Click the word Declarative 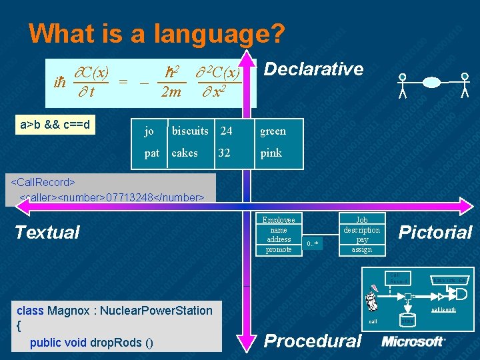pyautogui.click(x=314, y=69)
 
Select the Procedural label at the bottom pyautogui.click(x=313, y=341)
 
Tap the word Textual pyautogui.click(x=47, y=232)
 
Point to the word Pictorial pyautogui.click(x=435, y=232)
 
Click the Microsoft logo pyautogui.click(x=413, y=341)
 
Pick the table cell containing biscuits pyautogui.click(x=190, y=131)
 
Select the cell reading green pyautogui.click(x=273, y=131)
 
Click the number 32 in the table pyautogui.click(x=224, y=153)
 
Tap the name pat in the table pyautogui.click(x=152, y=153)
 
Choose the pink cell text pyautogui.click(x=271, y=153)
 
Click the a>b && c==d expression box pyautogui.click(x=55, y=125)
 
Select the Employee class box pyautogui.click(x=279, y=234)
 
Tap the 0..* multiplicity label pyautogui.click(x=313, y=244)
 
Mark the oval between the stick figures pyautogui.click(x=431, y=83)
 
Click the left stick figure pyautogui.click(x=402, y=85)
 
